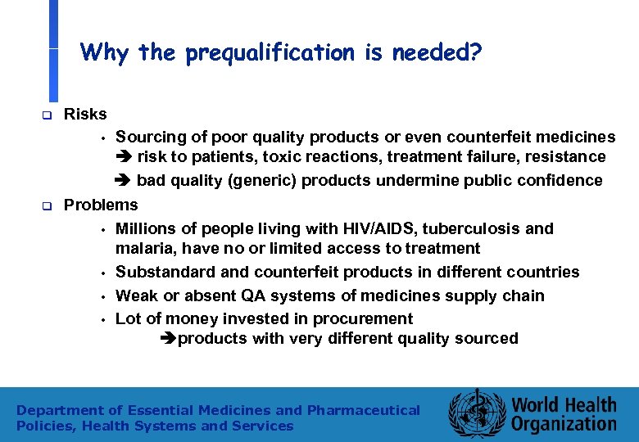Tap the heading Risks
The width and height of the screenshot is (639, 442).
(x=85, y=113)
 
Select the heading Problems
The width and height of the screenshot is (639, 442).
(x=101, y=205)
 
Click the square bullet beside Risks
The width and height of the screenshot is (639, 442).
(x=48, y=115)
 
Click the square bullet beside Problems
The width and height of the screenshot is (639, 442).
(x=48, y=206)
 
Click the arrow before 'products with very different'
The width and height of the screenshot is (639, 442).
(x=170, y=339)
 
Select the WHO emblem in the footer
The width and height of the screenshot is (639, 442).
(x=473, y=414)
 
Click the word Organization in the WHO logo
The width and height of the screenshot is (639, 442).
(x=564, y=424)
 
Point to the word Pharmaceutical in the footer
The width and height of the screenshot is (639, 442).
(x=363, y=410)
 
